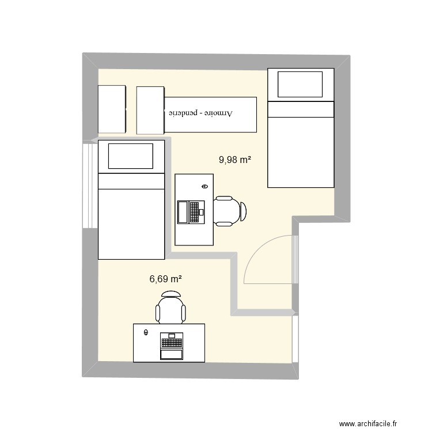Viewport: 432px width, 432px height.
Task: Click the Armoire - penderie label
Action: (x=199, y=113)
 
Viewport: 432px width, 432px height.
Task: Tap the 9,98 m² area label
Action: (x=234, y=160)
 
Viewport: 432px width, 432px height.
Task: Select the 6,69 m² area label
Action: (x=166, y=279)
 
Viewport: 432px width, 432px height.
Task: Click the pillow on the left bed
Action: (x=131, y=157)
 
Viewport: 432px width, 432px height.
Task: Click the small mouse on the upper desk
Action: (x=205, y=186)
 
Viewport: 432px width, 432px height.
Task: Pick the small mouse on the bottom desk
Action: (x=146, y=332)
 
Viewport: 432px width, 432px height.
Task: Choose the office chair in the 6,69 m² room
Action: (x=171, y=308)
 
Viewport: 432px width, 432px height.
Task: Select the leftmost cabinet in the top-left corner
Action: (x=112, y=109)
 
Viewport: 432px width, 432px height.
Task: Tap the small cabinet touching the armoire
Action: (x=151, y=109)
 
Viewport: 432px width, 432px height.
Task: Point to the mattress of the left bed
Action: (x=131, y=222)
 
